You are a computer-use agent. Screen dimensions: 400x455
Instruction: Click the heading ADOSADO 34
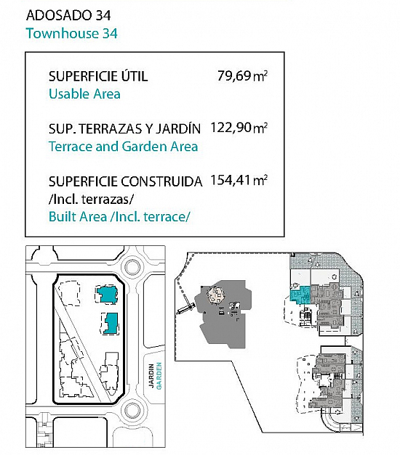[x=68, y=15]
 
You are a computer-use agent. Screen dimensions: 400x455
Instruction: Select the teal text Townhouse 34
[x=71, y=33]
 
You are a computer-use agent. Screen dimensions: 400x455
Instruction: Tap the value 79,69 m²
[x=242, y=76]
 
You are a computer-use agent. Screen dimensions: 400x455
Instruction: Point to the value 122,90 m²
[x=239, y=128]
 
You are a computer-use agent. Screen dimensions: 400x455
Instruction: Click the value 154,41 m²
[x=239, y=180]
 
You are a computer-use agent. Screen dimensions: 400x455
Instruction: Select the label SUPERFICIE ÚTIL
[x=98, y=76]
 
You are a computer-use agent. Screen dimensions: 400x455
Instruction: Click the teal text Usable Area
[x=84, y=94]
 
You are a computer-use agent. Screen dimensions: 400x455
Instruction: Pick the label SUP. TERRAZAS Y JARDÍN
[x=124, y=128]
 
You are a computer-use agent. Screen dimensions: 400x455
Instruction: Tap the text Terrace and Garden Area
[x=123, y=147]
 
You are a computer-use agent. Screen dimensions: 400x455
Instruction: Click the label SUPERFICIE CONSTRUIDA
[x=125, y=181]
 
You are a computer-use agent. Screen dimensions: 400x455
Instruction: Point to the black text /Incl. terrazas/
[x=91, y=200]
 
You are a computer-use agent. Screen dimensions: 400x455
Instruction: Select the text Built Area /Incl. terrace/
[x=119, y=217]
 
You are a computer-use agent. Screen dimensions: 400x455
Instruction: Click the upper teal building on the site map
[x=108, y=295]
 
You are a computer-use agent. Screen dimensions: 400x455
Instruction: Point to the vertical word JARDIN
[x=151, y=375]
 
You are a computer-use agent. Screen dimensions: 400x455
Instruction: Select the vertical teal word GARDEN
[x=159, y=376]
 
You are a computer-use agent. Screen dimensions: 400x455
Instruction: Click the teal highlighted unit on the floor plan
[x=300, y=295]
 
